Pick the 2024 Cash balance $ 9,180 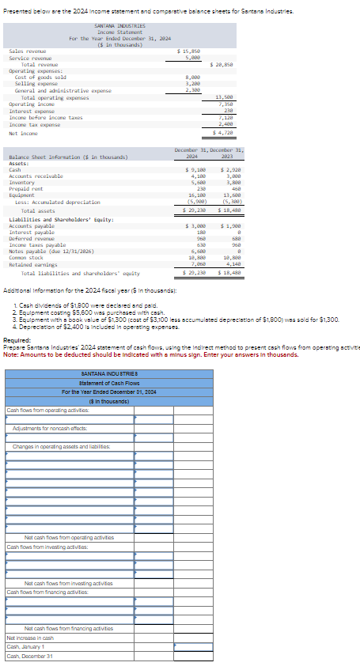click(x=195, y=169)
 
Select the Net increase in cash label click(x=30, y=638)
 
